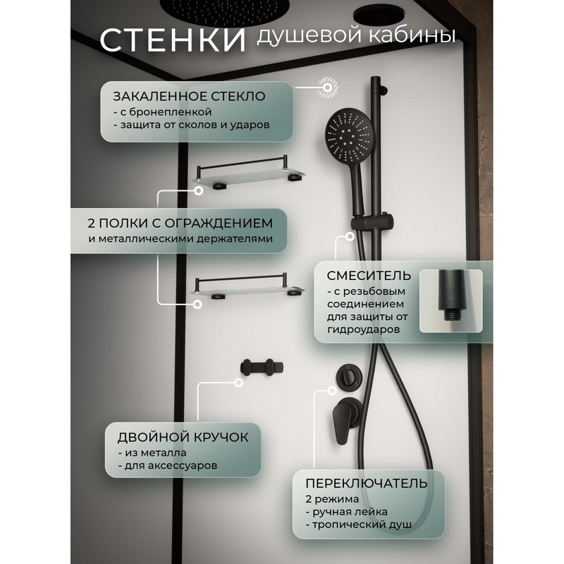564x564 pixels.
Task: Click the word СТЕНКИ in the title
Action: (x=173, y=39)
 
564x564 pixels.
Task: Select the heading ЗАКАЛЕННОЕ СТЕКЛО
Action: (x=189, y=97)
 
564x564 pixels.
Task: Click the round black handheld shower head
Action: (x=348, y=136)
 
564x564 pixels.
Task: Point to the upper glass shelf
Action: (x=248, y=172)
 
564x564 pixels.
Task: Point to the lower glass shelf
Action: (x=248, y=288)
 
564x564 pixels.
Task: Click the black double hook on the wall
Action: (x=262, y=367)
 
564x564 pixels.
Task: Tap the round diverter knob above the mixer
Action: (x=348, y=376)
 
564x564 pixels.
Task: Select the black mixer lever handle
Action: (x=342, y=422)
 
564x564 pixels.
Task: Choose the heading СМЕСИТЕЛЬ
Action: (x=369, y=276)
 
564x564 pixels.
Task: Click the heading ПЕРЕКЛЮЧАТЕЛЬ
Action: (x=367, y=484)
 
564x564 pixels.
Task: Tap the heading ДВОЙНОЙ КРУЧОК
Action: (x=183, y=437)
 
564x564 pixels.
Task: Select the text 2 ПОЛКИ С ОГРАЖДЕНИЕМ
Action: (x=180, y=223)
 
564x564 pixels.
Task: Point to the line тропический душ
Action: (x=359, y=525)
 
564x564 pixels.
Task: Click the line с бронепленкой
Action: (x=163, y=112)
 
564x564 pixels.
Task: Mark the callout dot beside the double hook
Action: (x=238, y=383)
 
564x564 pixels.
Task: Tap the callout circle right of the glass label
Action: (x=327, y=87)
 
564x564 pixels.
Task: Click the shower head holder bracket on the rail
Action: (x=372, y=221)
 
